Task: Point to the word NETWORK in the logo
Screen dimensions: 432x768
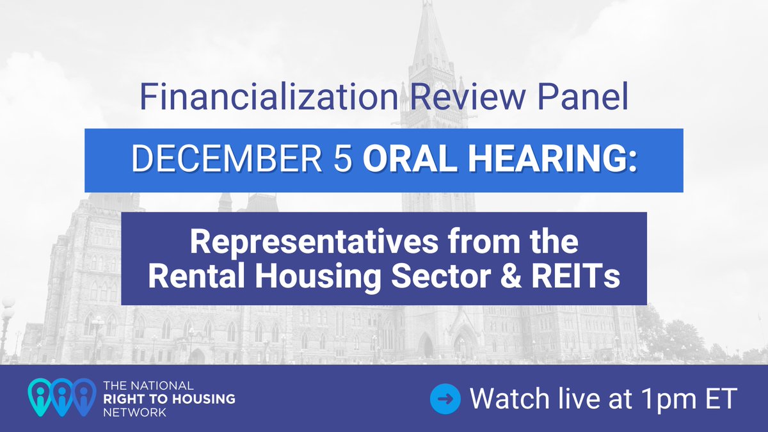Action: [x=135, y=412]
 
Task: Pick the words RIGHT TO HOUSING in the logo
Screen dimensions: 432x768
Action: [x=169, y=399]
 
